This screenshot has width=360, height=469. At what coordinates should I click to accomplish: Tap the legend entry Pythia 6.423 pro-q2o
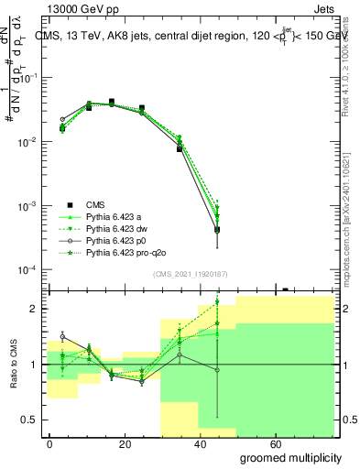pyautogui.click(x=130, y=251)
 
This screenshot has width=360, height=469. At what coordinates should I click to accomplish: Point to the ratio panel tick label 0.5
pyautogui.click(x=33, y=420)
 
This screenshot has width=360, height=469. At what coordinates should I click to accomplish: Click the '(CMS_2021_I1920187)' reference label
pyautogui.click(x=191, y=274)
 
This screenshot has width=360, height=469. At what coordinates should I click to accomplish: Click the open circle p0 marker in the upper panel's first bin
pyautogui.click(x=62, y=119)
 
